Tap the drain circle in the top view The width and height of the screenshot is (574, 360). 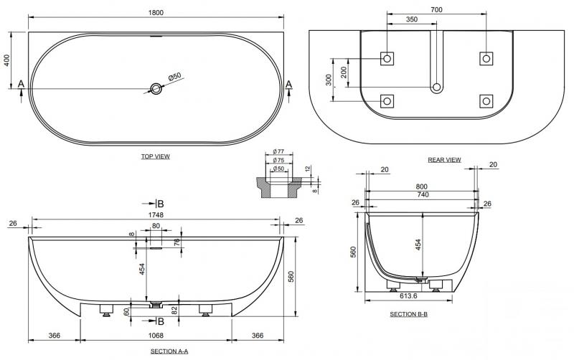pos(156,88)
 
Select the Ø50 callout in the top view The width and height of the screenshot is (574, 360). pos(174,76)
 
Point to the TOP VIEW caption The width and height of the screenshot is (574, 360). pos(156,156)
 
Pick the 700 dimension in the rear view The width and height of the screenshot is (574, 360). pos(437,11)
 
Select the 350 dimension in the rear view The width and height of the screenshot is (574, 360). pos(412,20)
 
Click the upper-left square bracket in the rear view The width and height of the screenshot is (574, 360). pos(387,57)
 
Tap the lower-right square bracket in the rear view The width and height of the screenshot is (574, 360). pos(486,100)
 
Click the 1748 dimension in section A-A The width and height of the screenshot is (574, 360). pos(156,214)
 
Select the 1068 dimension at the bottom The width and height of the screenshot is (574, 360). pos(156,336)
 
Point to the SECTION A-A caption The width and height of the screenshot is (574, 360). pos(169,351)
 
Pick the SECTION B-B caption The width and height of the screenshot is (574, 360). pos(410,314)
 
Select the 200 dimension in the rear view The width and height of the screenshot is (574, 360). pos(344,72)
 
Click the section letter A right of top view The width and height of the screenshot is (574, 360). pos(289,84)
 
